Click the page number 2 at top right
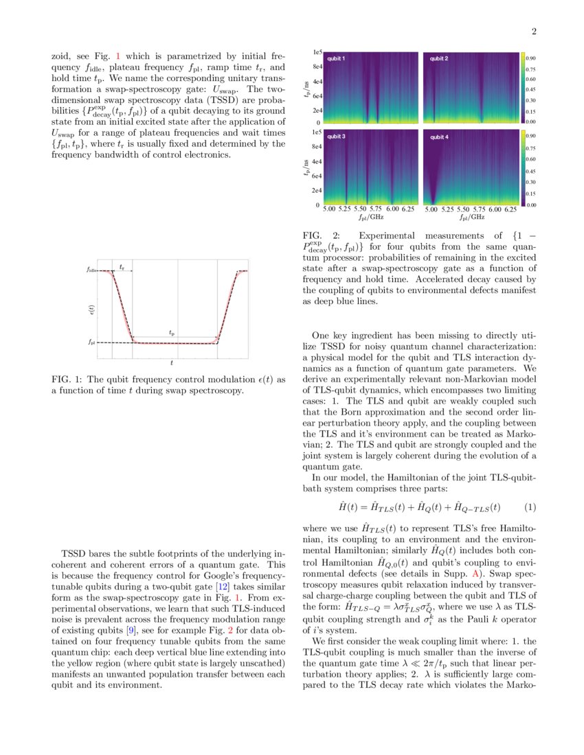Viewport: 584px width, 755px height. click(x=534, y=32)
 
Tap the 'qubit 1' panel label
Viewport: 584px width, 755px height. click(x=336, y=59)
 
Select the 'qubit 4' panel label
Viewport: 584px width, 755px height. click(x=439, y=137)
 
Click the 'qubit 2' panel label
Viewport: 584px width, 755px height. click(x=439, y=59)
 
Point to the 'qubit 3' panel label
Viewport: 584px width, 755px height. click(x=336, y=137)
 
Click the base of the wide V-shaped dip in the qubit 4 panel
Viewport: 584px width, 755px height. click(x=434, y=202)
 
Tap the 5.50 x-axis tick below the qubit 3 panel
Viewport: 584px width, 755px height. click(x=360, y=209)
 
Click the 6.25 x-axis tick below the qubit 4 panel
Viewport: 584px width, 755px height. click(x=510, y=209)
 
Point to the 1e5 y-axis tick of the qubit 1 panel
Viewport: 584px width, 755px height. click(x=317, y=52)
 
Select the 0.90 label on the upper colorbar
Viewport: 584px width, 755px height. click(x=531, y=59)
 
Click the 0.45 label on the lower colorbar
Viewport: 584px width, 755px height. click(x=531, y=172)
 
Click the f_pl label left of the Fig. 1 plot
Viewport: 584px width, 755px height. click(x=92, y=342)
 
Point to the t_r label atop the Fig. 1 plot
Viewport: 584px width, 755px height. click(x=122, y=266)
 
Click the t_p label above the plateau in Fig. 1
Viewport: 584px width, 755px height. click(x=172, y=333)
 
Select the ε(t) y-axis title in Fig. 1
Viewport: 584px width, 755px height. click(x=92, y=310)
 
